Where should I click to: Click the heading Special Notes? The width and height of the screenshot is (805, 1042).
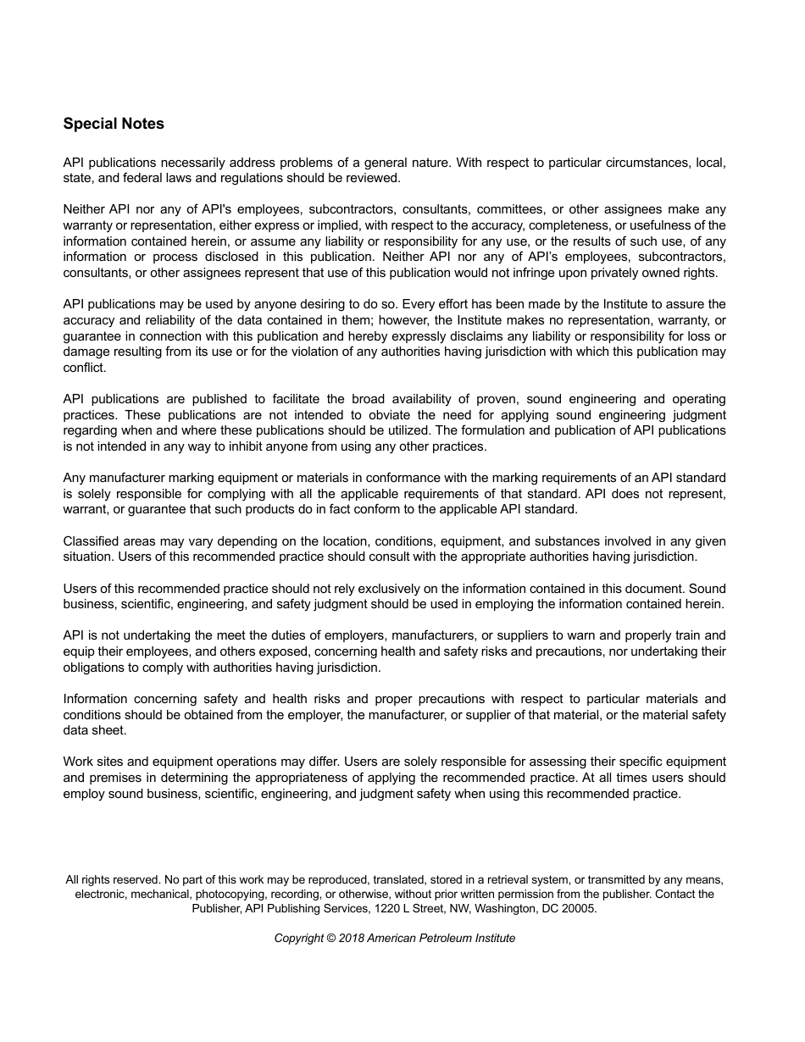(x=114, y=124)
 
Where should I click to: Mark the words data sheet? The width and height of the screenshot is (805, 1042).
(x=95, y=730)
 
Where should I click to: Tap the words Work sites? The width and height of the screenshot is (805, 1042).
(x=92, y=762)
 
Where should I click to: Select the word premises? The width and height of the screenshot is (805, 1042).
(x=114, y=778)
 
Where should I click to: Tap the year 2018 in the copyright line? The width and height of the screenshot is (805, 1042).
(x=350, y=938)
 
